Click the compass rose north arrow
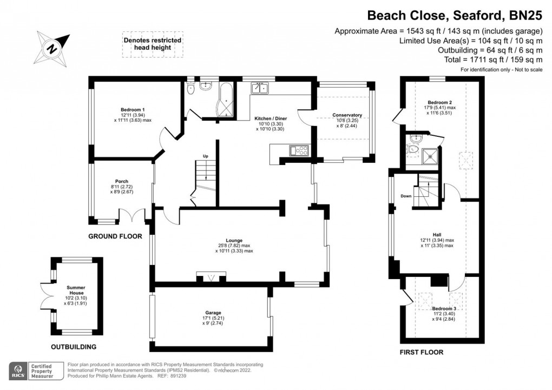pos(52,48)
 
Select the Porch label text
pos(121,181)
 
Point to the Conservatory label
pos(347,115)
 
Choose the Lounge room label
pos(234,240)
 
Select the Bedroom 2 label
pos(439,102)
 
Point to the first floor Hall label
pos(437,234)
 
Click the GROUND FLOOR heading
pos(115,236)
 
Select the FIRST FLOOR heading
pos(422,352)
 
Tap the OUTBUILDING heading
pos(74,347)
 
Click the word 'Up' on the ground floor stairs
pos(205,156)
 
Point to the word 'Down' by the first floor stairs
pos(406,196)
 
